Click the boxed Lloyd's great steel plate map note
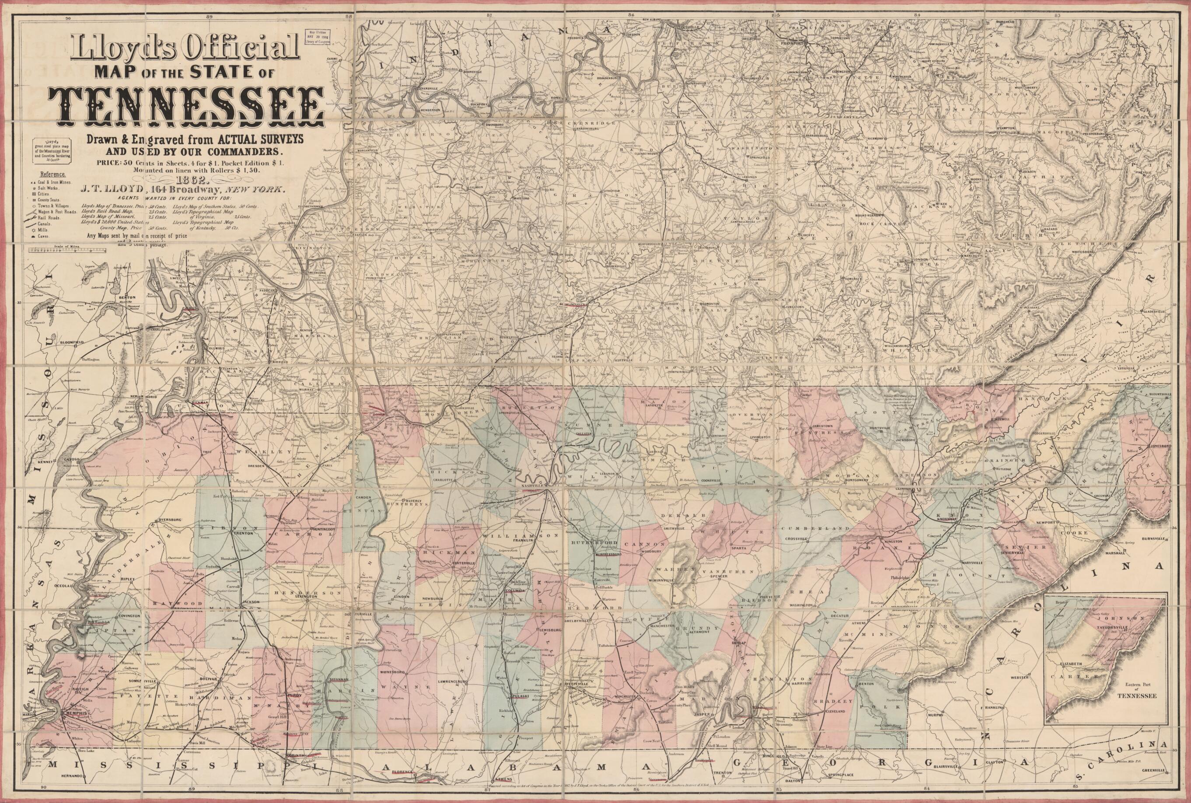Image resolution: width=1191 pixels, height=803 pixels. coord(50,151)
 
